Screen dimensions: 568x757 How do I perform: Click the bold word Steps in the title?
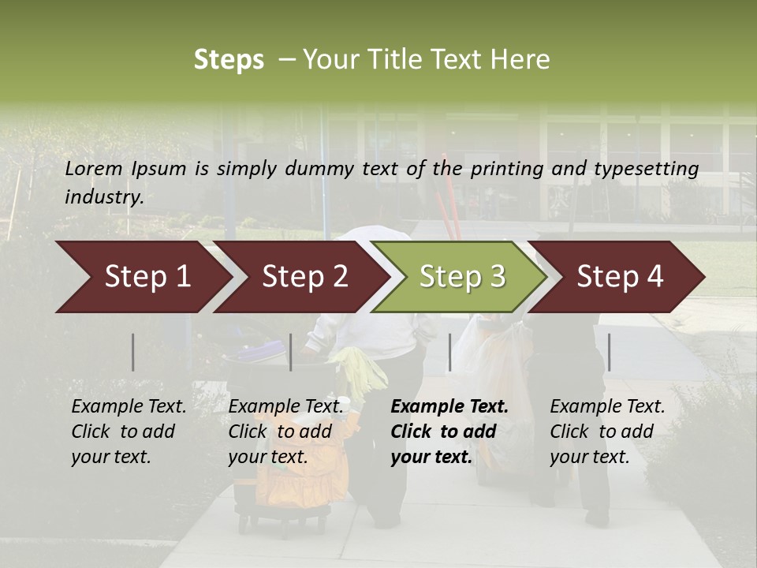pos(229,60)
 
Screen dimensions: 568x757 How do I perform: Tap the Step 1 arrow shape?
pos(142,277)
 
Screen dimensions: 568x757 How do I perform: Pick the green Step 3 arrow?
pos(461,277)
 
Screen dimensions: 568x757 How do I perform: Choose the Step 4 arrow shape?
pos(620,277)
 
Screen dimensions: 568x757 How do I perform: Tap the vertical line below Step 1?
pos(133,352)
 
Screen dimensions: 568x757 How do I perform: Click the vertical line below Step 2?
pos(291,352)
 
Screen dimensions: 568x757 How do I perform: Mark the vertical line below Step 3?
pos(450,352)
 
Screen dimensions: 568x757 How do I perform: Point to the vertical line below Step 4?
pos(609,352)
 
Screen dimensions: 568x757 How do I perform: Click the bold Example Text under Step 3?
pos(449,407)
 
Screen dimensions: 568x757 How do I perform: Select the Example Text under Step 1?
pos(129,407)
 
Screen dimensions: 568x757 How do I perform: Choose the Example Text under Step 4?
pos(607,407)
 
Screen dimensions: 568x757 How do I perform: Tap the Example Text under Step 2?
pos(285,407)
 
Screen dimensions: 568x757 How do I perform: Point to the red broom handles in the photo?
pos(451,197)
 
